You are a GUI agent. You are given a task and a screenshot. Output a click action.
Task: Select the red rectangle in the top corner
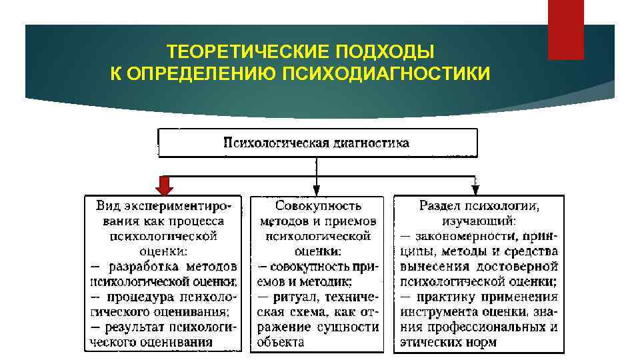pyautogui.click(x=565, y=29)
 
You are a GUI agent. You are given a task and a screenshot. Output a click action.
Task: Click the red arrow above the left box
pyautogui.click(x=165, y=184)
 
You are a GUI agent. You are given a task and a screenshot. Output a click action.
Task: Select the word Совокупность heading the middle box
pyautogui.click(x=317, y=205)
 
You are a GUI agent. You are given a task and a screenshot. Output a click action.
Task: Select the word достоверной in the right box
pyautogui.click(x=523, y=265)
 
